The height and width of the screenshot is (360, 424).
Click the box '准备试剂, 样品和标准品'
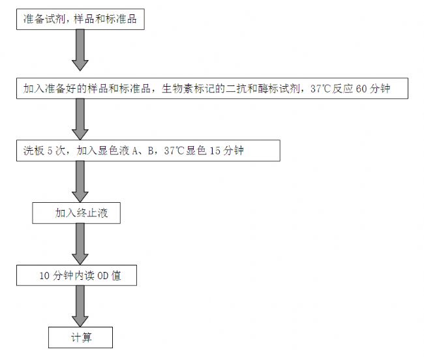[x=80, y=19]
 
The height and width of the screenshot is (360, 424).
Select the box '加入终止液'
[x=76, y=213]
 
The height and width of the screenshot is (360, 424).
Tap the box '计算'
[x=81, y=337]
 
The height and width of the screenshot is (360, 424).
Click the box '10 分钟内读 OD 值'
[x=76, y=275]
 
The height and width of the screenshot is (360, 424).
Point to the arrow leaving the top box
[x=80, y=50]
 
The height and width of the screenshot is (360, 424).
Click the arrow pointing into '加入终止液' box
[x=80, y=181]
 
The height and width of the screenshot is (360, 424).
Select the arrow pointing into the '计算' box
[x=80, y=307]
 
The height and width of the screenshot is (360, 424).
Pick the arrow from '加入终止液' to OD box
[x=80, y=244]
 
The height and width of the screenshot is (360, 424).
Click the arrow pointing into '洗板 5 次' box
[x=80, y=119]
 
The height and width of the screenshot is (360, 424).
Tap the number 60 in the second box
[x=361, y=89]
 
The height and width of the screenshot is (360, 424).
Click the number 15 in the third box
[x=215, y=151]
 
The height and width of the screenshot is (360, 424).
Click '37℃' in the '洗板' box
[x=174, y=151]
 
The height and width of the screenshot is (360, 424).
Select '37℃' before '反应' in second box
[x=320, y=89]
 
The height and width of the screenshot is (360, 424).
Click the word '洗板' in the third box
[x=33, y=151]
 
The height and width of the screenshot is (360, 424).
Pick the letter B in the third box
[x=151, y=151]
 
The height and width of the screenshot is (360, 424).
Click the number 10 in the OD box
[x=44, y=276]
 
